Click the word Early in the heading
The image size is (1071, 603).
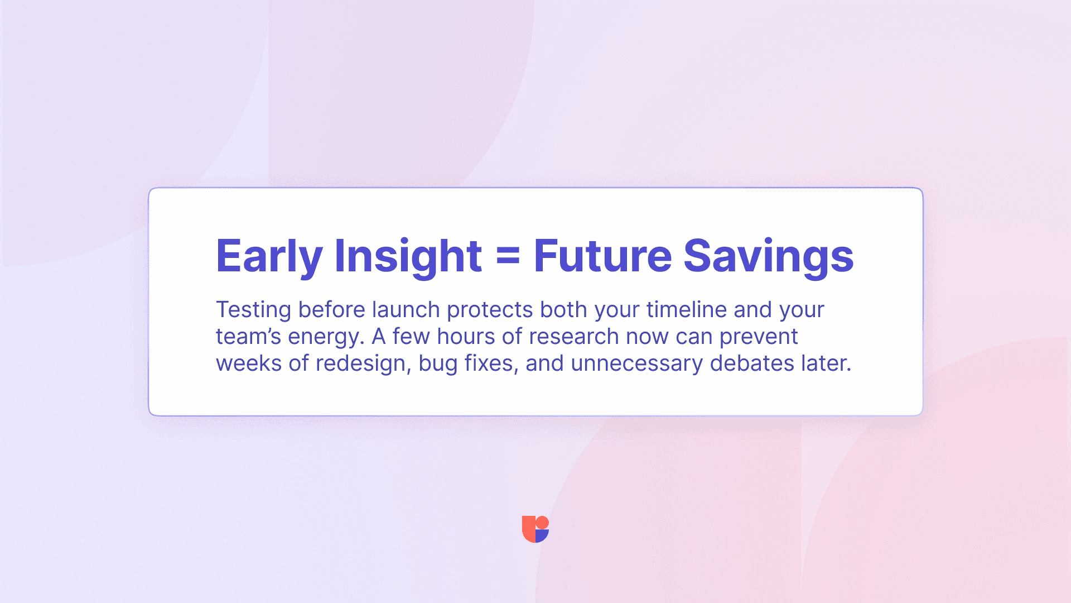point(269,256)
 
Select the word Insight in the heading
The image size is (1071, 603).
point(408,256)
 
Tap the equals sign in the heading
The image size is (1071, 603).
point(508,257)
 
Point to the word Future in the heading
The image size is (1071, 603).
point(602,256)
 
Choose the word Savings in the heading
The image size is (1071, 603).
point(769,256)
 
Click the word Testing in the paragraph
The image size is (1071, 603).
point(254,310)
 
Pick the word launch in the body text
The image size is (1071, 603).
point(406,309)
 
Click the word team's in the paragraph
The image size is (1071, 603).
point(249,337)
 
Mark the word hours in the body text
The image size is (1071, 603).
point(466,336)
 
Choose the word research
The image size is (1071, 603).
point(574,336)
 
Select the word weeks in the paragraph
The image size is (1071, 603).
point(249,363)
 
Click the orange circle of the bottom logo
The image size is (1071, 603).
point(542,522)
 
